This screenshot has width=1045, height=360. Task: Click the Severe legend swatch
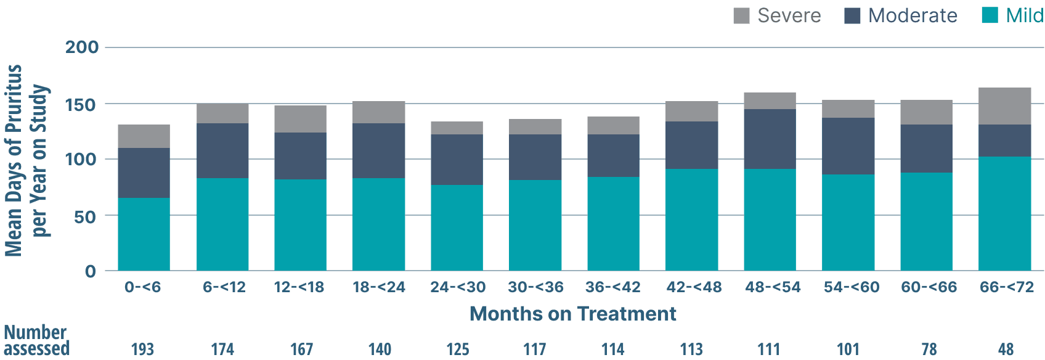pos(742,15)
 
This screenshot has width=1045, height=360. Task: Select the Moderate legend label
pos(913,15)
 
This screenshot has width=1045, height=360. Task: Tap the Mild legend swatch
pos(990,15)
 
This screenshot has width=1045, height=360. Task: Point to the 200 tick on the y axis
pos(82,47)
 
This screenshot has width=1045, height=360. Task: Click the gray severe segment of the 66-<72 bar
pos(1004,106)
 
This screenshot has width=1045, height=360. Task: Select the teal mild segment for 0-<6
pos(144,234)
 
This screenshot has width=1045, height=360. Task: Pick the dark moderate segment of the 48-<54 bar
pos(770,139)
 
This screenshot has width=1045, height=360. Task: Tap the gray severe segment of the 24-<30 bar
pos(457,128)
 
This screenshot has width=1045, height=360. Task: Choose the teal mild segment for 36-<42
pos(613,224)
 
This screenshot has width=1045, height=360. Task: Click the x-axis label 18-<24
pos(378,287)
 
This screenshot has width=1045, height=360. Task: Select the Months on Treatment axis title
pos(572,314)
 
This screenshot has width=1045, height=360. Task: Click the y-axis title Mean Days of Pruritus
pos(14,160)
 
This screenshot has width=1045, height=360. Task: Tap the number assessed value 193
pos(142,350)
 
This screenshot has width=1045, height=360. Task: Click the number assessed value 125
pos(458,350)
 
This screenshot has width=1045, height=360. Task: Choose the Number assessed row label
pos(36,340)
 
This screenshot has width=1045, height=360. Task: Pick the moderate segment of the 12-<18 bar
pos(300,156)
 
